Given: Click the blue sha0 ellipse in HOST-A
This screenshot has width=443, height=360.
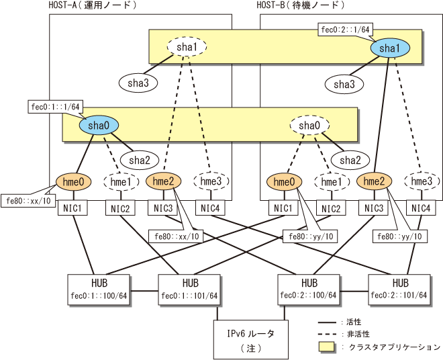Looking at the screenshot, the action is [99, 126].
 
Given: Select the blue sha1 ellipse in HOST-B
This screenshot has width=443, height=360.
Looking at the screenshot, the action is [390, 48].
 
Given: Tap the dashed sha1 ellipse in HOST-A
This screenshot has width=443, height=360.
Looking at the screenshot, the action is [187, 47].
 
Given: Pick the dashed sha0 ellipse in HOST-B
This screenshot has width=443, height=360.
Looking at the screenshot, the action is [309, 126].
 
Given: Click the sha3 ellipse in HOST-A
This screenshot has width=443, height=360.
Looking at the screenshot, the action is [138, 83].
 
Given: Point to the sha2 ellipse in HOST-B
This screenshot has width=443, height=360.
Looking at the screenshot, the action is [350, 161].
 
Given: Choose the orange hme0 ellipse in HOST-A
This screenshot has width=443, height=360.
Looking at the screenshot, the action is [73, 181].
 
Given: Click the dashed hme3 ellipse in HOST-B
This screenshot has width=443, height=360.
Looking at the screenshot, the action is [422, 181].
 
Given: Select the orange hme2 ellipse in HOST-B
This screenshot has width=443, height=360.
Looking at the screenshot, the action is [375, 181].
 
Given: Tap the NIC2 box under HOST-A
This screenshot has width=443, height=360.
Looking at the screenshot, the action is [120, 208].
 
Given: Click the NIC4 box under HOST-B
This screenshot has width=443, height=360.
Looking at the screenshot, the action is [421, 208].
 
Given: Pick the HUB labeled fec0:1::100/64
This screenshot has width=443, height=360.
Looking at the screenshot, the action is [99, 289].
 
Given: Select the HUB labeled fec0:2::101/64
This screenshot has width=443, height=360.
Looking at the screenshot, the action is [399, 289].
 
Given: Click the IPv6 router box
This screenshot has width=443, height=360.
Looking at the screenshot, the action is [251, 339].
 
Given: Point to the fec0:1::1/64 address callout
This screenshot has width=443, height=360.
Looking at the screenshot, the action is [55, 107].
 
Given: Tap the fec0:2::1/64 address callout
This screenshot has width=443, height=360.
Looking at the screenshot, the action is [346, 30].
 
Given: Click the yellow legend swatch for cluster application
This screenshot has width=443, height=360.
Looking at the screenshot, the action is [326, 347].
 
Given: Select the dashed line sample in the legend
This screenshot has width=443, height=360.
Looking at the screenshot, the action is [327, 334].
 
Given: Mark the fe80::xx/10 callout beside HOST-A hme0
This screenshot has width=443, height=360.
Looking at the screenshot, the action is [28, 201].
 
